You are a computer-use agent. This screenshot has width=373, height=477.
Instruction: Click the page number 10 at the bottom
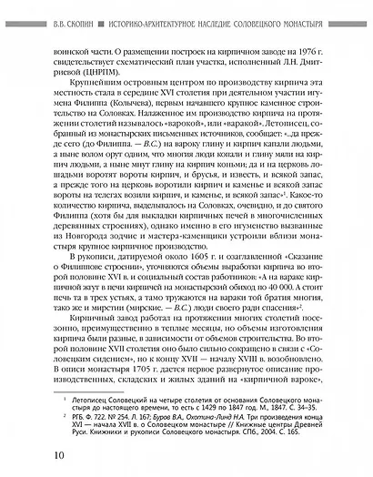click(33, 454)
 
